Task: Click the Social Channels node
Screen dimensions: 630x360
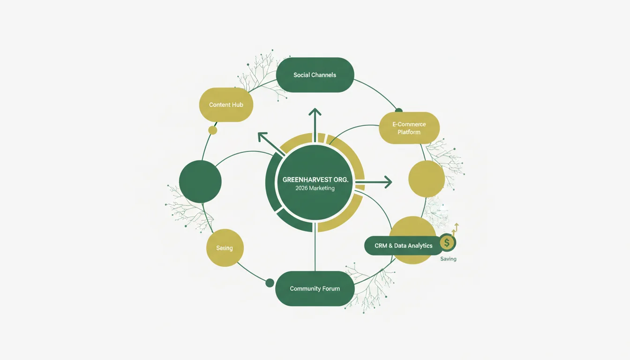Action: tap(315, 75)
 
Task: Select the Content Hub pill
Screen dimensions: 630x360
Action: tap(226, 105)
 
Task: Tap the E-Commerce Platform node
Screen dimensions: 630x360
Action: tap(409, 128)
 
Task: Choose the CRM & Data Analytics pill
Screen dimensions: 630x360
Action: tap(404, 246)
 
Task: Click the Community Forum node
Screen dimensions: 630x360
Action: tap(315, 289)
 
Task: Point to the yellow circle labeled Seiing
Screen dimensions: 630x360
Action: tap(225, 248)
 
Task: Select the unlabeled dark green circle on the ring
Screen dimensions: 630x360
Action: tap(200, 181)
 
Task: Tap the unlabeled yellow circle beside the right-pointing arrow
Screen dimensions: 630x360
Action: tap(427, 179)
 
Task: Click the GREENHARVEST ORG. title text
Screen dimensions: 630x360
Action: tap(315, 180)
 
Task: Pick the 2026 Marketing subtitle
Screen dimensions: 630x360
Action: tap(315, 188)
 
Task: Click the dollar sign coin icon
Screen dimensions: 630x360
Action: tap(447, 242)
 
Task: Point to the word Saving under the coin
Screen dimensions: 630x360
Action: tap(448, 259)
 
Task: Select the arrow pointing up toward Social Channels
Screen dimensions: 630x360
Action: tap(315, 125)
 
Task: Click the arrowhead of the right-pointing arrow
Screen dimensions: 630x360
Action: tap(389, 182)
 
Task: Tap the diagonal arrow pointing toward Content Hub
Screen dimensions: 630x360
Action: tap(271, 144)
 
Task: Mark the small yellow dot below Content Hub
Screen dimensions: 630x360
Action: tap(213, 130)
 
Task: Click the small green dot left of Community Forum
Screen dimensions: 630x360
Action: tap(270, 283)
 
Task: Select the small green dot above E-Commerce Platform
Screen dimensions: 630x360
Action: tap(398, 111)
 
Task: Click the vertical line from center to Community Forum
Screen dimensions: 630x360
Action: tap(315, 247)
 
